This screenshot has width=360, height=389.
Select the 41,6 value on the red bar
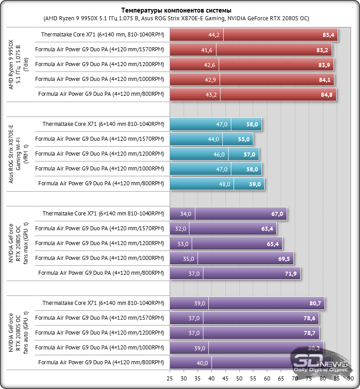[207, 50]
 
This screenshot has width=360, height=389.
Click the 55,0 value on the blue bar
[243, 140]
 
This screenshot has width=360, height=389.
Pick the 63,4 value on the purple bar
[267, 229]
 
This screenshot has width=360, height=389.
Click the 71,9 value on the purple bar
[291, 273]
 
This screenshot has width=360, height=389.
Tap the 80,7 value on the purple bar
[315, 304]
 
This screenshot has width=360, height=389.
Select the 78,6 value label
[310, 318]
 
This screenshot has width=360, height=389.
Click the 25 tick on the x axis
[170, 379]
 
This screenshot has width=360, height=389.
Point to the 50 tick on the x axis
[239, 379]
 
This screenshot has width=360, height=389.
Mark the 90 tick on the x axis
[351, 379]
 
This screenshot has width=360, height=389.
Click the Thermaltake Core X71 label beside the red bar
[103, 35]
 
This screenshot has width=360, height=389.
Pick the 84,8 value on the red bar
[327, 94]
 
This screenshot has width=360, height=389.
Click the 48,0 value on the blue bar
[224, 184]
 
